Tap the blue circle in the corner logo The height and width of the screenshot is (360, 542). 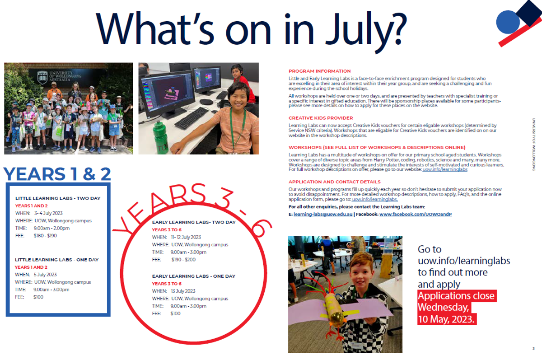click(x=508, y=22)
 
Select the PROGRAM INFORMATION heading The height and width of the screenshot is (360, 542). click(x=319, y=71)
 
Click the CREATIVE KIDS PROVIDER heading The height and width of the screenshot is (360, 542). click(x=321, y=118)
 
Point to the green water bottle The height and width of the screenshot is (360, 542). click(x=160, y=137)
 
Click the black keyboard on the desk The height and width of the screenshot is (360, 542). click(x=191, y=118)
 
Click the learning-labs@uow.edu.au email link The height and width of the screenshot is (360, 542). click(x=323, y=215)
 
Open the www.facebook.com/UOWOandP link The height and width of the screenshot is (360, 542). click(x=416, y=215)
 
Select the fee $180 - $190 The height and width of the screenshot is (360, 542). click(x=45, y=236)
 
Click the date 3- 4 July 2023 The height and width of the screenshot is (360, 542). click(x=48, y=213)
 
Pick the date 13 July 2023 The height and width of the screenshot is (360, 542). click(x=183, y=291)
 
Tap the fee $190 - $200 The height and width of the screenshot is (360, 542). click(x=183, y=260)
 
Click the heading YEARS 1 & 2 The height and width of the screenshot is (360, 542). click(x=57, y=174)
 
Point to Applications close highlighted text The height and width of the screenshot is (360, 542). click(x=457, y=296)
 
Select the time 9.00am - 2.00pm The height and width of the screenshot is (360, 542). click(x=51, y=228)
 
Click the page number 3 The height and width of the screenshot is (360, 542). click(x=533, y=348)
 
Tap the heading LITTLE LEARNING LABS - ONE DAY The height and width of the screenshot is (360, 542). click(x=56, y=260)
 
